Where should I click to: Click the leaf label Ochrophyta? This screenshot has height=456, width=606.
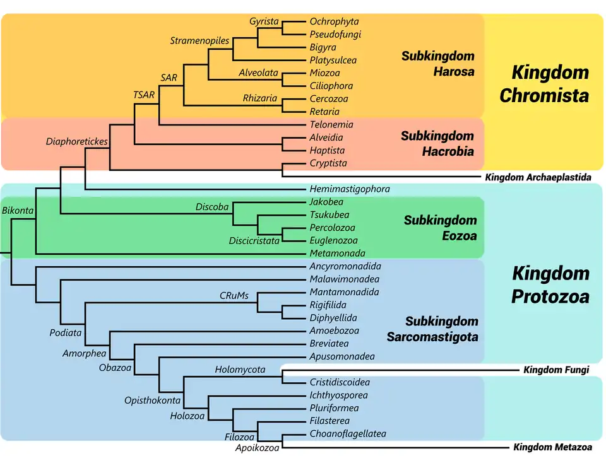[334, 21]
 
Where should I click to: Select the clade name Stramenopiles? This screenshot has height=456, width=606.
[199, 41]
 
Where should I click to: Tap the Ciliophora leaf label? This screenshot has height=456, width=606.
[331, 86]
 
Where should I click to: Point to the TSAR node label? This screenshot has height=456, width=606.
[143, 95]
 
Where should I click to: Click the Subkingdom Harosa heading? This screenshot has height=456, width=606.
[437, 64]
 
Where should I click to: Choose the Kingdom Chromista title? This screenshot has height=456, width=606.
[544, 83]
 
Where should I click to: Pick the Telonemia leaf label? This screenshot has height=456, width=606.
[331, 125]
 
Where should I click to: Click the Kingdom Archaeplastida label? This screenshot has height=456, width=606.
[538, 177]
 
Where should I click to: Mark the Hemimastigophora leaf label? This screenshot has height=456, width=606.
[350, 189]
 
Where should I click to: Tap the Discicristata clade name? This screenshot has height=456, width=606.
[254, 240]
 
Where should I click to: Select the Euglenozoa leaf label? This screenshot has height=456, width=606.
[333, 240]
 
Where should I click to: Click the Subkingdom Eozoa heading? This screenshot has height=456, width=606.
[440, 228]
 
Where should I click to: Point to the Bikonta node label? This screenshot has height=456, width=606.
[18, 210]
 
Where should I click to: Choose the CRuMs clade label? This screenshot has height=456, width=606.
[234, 295]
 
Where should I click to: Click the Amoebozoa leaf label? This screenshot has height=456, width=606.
[334, 330]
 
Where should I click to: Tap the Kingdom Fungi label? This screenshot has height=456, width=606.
[556, 370]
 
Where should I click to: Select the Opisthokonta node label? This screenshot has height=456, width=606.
[153, 400]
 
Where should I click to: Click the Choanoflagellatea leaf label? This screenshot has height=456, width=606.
[348, 434]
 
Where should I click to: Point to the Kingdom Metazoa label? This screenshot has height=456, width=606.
[553, 447]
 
